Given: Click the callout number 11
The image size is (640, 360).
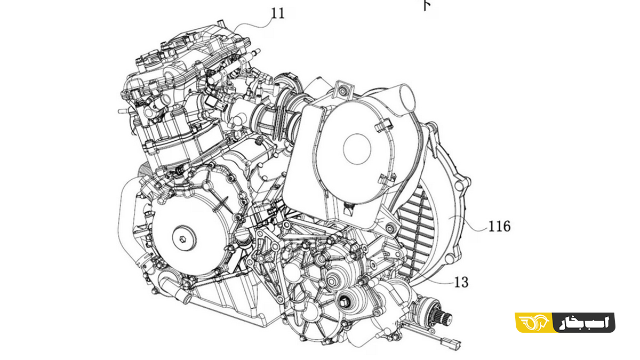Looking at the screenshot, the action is [278, 13].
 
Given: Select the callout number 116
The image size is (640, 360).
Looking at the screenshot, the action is [499, 226].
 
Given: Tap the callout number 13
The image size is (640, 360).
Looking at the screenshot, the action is [461, 282].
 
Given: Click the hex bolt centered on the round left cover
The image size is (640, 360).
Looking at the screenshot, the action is [182, 238].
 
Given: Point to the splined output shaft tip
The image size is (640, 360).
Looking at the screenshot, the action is [445, 316].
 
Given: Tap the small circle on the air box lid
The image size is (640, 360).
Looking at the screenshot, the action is [357, 149].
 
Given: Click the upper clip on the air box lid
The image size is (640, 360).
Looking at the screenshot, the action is [383, 127].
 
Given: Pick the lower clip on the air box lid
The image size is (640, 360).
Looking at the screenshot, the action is [387, 179].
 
